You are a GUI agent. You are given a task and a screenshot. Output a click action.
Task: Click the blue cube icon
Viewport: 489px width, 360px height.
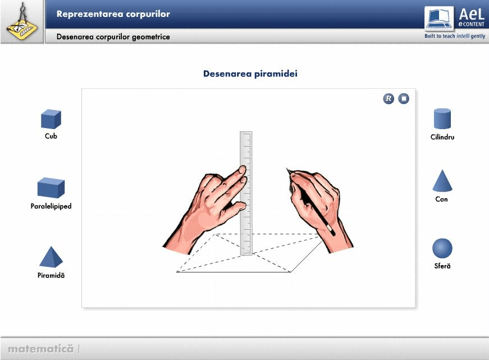point(51,119)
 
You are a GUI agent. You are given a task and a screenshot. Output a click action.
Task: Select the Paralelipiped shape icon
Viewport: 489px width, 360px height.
point(51,188)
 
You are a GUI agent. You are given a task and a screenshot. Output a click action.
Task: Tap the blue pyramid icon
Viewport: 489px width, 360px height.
point(51,257)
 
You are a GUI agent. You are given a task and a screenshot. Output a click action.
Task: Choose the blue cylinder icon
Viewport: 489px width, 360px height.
point(442,119)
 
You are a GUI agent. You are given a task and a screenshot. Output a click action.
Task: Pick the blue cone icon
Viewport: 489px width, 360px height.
point(442,181)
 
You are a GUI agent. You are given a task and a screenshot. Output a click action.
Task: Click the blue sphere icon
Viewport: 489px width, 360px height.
point(442,248)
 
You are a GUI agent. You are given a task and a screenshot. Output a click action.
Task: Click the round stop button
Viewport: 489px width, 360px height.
point(404,99)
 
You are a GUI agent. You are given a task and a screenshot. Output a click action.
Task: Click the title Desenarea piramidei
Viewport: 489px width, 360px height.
point(250,74)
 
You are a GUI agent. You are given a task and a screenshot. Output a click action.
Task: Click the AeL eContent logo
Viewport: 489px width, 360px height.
point(455,19)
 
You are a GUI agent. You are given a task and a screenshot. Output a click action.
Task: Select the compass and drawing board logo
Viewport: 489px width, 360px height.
point(22,21)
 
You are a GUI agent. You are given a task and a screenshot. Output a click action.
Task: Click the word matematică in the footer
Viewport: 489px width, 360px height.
point(40,348)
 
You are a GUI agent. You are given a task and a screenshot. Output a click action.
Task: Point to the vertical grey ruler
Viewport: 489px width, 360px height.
point(246,193)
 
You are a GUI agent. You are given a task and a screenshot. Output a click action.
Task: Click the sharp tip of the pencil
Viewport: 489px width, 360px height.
point(286,168)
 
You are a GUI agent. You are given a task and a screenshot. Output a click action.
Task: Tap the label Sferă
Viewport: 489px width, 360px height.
point(442,266)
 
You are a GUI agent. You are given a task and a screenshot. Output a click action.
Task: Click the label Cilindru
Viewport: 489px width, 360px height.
point(442,137)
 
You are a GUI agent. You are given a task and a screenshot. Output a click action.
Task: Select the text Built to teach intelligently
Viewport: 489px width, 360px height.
point(455,36)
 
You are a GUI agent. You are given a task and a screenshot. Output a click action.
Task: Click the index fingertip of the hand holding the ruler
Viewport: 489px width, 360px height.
point(242,170)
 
